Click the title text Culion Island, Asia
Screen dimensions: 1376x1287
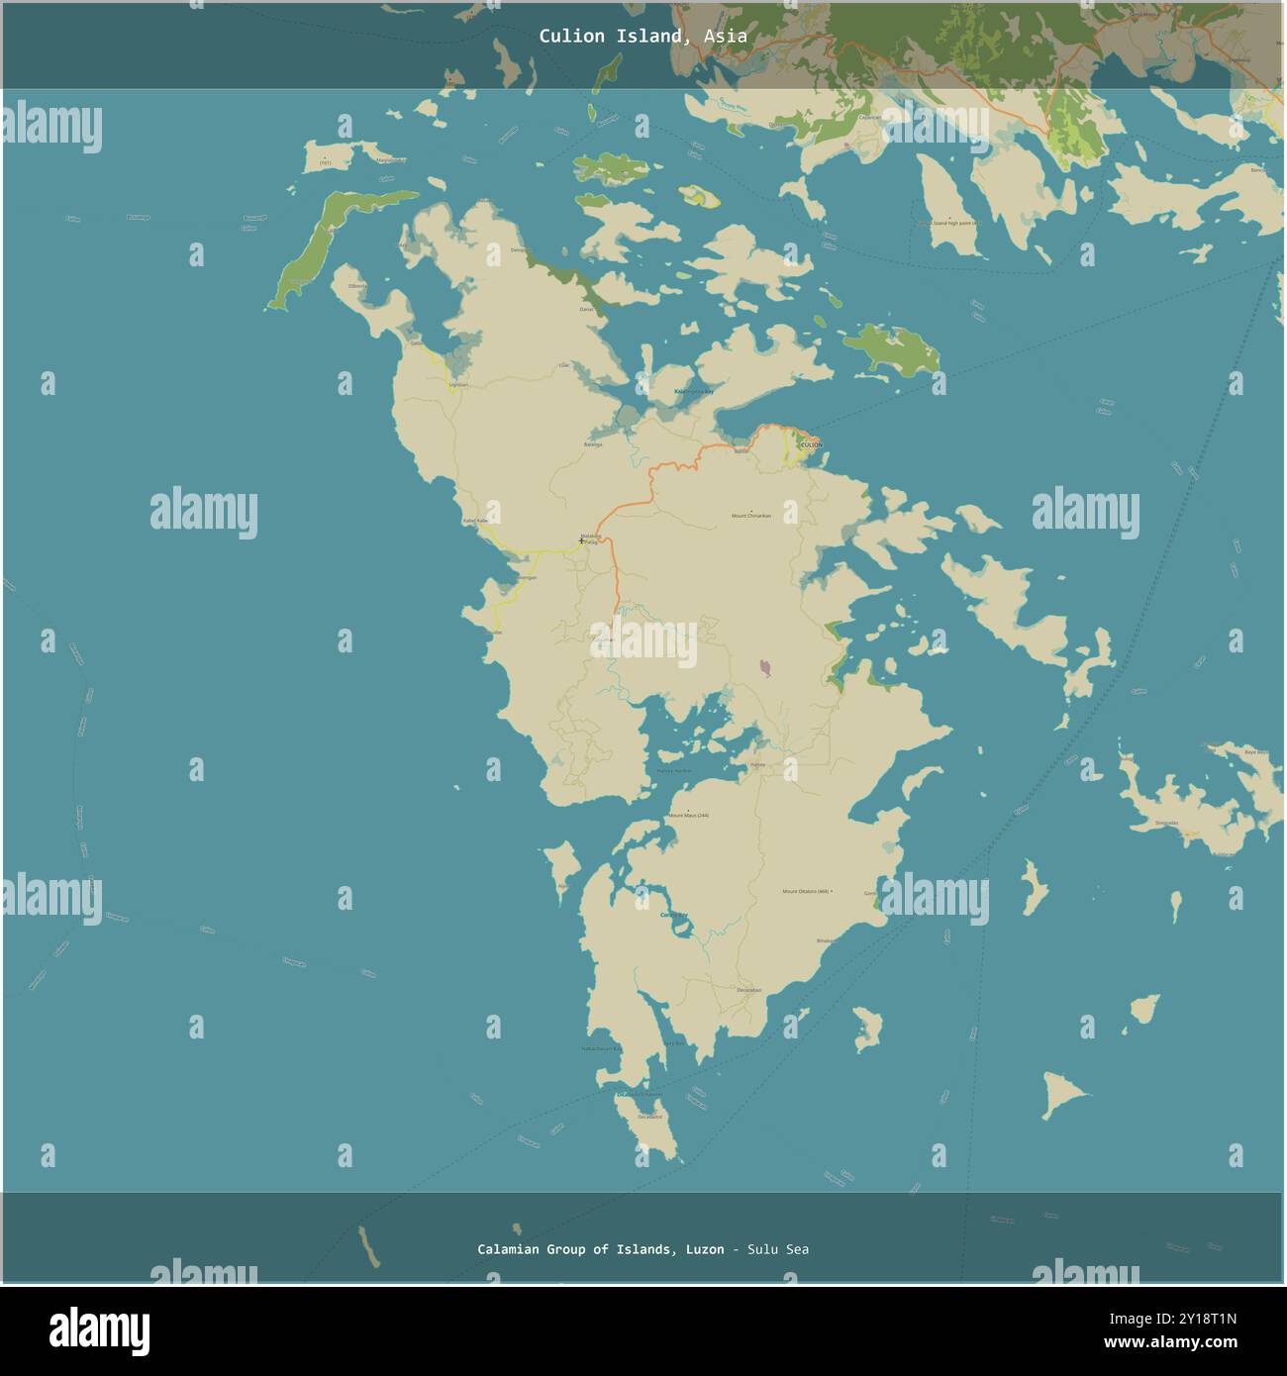(x=643, y=37)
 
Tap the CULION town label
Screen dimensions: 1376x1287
(x=811, y=445)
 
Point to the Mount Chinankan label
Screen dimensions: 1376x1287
(x=750, y=516)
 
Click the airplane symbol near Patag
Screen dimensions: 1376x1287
(x=581, y=541)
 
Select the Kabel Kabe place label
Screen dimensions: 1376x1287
(x=475, y=521)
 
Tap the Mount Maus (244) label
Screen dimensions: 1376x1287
(x=689, y=815)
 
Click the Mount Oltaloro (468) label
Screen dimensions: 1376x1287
(x=807, y=891)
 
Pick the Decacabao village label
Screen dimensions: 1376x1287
(x=748, y=990)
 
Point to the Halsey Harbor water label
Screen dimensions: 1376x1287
(x=674, y=770)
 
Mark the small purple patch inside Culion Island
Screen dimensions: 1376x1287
(x=765, y=669)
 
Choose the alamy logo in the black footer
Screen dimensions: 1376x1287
(x=100, y=1330)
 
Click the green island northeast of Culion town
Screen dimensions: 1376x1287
(x=890, y=348)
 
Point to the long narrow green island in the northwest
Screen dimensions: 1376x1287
(x=327, y=246)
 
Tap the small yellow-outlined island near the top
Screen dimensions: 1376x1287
(x=699, y=196)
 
